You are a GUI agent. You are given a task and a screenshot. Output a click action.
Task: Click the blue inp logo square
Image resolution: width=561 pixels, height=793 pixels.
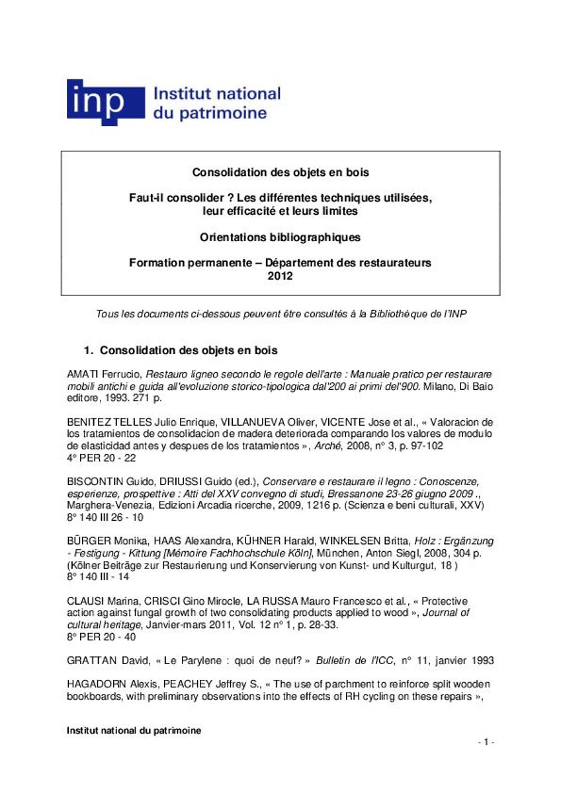click(x=105, y=102)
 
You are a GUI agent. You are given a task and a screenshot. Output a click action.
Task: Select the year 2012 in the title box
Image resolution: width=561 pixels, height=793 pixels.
click(x=280, y=276)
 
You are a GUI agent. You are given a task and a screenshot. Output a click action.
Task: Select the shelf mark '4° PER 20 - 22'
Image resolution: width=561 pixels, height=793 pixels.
click(x=101, y=457)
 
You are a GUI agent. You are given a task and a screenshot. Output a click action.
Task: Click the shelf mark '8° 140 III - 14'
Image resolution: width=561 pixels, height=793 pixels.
click(x=98, y=576)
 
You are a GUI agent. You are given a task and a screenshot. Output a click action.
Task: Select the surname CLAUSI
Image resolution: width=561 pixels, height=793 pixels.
click(x=85, y=601)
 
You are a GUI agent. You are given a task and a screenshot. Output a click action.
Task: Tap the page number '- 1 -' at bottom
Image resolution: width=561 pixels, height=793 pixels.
click(x=486, y=742)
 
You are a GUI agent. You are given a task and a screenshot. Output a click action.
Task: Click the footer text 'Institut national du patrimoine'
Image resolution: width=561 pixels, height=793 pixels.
click(x=134, y=730)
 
